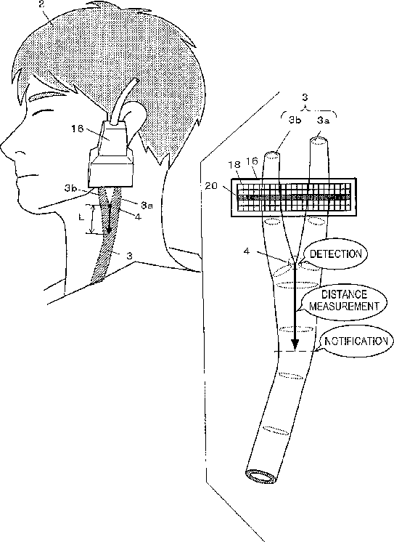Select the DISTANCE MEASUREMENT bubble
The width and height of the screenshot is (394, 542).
click(345, 300)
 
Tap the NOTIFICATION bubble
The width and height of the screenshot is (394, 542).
click(356, 342)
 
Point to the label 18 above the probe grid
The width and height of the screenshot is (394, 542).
click(235, 164)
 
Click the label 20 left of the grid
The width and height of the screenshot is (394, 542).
click(211, 186)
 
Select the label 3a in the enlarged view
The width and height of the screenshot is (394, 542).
click(323, 121)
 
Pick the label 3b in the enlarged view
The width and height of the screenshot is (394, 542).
click(295, 121)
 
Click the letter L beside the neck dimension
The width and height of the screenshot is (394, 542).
click(81, 217)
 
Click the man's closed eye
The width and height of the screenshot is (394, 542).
click(42, 113)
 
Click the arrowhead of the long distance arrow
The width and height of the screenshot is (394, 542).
click(295, 344)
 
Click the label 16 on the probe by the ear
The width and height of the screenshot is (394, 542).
click(78, 129)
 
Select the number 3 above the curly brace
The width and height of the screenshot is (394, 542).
click(305, 98)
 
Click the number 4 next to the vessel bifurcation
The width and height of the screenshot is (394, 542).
click(247, 251)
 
